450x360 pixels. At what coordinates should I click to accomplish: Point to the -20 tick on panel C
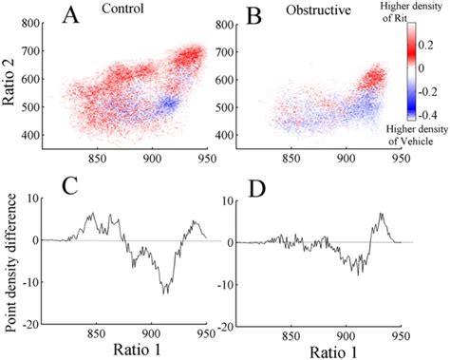coord(38,324)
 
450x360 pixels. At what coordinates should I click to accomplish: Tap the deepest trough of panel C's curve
coord(165,293)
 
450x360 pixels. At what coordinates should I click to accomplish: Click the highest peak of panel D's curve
coord(380,214)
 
